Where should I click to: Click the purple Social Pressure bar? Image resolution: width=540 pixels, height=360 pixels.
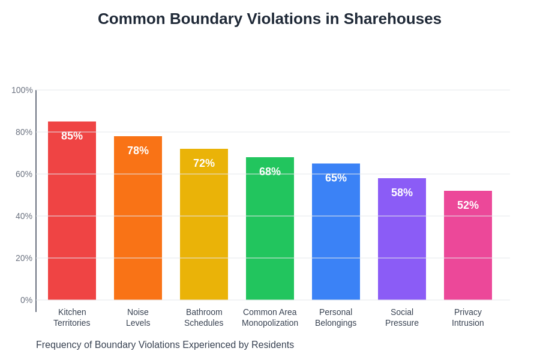tap(402, 246)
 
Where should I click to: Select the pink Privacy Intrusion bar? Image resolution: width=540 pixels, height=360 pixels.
tap(468, 252)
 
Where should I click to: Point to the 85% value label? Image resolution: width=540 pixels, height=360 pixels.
tap(72, 136)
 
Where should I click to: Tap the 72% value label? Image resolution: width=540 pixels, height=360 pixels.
tap(204, 163)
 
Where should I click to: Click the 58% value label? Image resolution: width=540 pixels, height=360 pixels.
tap(402, 193)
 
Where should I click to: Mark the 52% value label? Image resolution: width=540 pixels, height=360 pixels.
tap(468, 205)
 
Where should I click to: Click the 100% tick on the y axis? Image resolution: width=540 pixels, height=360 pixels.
tap(22, 90)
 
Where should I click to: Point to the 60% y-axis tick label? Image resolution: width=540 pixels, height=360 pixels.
tap(24, 174)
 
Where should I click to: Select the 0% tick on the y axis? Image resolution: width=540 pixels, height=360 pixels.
tap(26, 300)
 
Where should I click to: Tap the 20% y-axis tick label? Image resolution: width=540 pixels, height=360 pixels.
tap(24, 258)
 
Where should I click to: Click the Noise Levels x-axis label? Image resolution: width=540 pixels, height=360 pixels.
tap(138, 317)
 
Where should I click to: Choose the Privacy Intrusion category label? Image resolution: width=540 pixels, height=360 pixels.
tap(468, 317)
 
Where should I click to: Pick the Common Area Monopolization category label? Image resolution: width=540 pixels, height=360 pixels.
tap(270, 317)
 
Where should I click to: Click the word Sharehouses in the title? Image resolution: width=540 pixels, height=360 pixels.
tap(392, 19)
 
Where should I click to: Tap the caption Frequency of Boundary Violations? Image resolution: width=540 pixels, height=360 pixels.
tap(165, 345)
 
